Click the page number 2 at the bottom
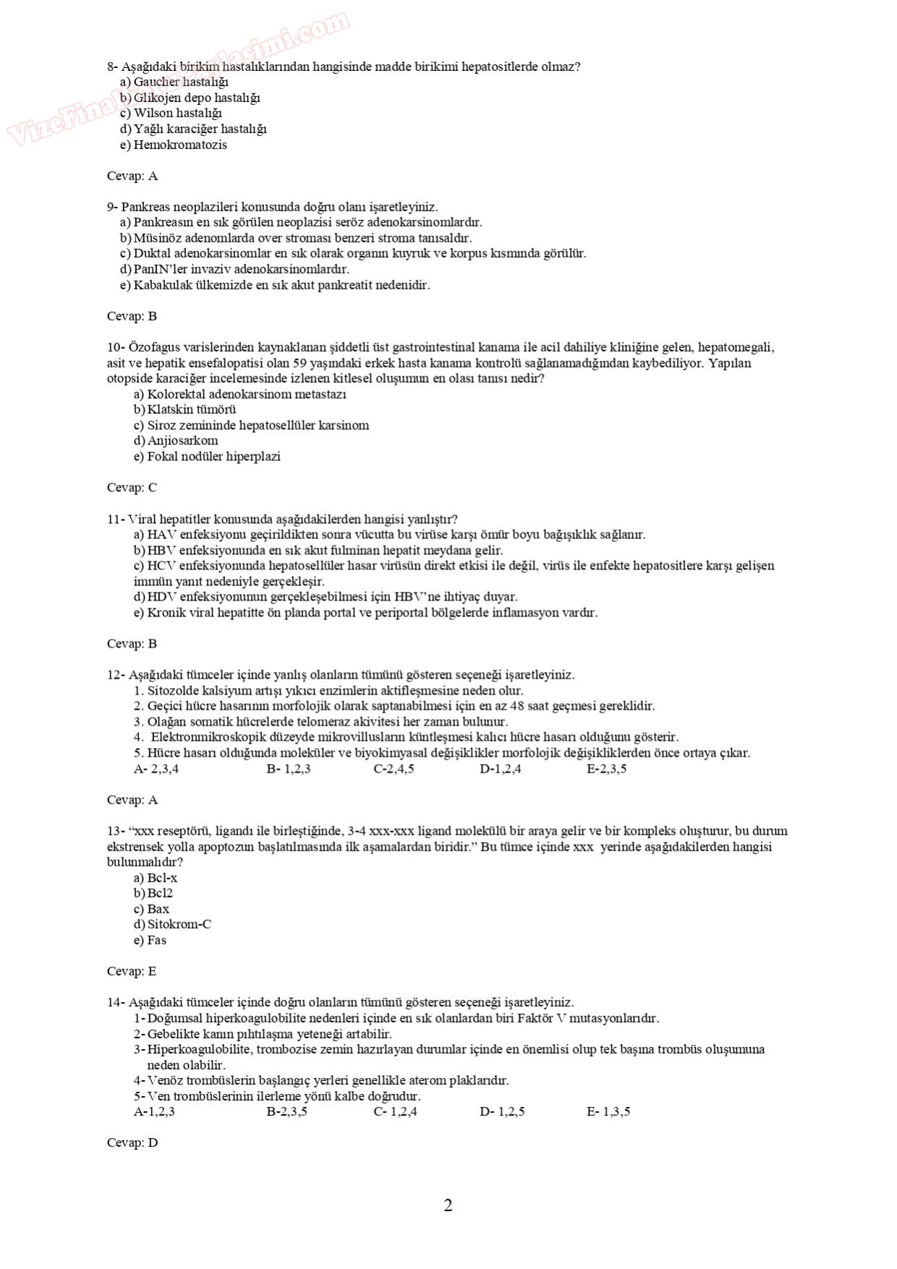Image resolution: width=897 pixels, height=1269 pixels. tap(448, 1205)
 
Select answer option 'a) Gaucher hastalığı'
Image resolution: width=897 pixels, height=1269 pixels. tap(174, 82)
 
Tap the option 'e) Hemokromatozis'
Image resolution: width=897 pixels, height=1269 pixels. tap(174, 145)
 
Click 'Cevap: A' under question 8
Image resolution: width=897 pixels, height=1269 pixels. tap(132, 176)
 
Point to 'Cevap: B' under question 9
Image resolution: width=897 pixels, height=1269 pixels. tap(132, 316)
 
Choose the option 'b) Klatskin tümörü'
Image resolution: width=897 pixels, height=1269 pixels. tap(185, 409)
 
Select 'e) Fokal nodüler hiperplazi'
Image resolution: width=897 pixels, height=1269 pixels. tap(207, 457)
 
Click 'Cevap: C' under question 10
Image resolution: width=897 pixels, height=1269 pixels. tap(132, 488)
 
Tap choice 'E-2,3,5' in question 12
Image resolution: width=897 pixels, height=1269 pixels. tap(606, 768)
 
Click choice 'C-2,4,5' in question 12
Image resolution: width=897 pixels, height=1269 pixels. tap(394, 768)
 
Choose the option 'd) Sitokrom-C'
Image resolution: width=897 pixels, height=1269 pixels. tap(172, 925)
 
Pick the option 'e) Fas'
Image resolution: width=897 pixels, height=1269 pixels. tap(150, 941)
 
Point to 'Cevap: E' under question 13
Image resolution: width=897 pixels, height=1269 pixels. tap(132, 971)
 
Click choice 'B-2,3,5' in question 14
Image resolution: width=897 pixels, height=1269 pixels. tap(286, 1111)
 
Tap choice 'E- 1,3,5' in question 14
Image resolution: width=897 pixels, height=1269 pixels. tap(608, 1111)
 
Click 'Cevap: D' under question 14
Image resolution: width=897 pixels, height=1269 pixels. tap(132, 1142)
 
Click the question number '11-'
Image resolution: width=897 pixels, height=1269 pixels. tap(116, 519)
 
